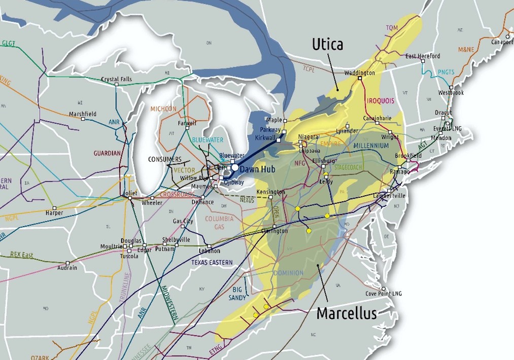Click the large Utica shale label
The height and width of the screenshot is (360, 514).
(327, 45)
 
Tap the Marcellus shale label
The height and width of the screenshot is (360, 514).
(347, 313)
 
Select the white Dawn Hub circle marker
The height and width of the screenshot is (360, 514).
(235, 167)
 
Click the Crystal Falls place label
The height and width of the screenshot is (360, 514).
(117, 79)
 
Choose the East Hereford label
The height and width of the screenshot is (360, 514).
(423, 56)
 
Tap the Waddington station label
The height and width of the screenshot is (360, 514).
(359, 73)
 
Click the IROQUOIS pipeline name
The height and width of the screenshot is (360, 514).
(380, 101)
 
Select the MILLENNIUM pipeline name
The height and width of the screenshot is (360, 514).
(371, 146)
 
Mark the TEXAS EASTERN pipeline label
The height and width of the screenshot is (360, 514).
(212, 262)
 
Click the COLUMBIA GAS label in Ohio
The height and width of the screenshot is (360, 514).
(219, 223)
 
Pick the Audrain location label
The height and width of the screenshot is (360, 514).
(67, 268)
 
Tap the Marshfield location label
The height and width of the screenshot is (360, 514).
(83, 114)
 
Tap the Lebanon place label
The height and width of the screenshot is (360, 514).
(209, 251)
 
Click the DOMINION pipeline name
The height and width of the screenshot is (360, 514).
(288, 273)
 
